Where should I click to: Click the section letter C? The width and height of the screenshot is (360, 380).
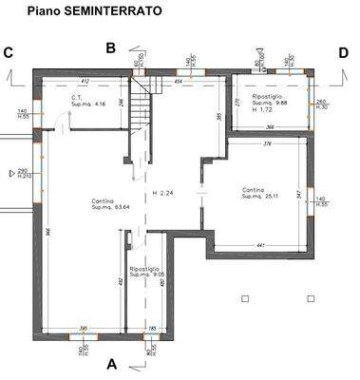[9, 53]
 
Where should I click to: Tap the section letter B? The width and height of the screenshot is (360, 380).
[110, 47]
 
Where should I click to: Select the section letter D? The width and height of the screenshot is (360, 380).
[343, 53]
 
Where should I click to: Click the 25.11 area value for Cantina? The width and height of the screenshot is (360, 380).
[269, 196]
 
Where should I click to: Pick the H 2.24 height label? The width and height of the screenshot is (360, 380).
[164, 194]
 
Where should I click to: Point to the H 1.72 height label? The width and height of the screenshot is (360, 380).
[262, 110]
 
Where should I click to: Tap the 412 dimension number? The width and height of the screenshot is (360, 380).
[84, 82]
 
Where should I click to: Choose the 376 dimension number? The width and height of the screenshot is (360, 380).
[267, 144]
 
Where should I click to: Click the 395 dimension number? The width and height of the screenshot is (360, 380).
[83, 328]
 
